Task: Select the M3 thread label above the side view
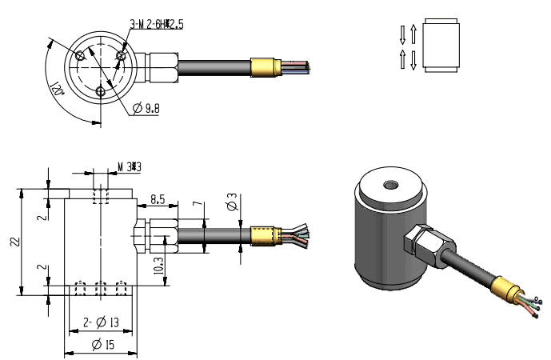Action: click(129, 167)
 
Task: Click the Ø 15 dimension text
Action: click(102, 345)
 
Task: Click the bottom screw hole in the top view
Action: click(100, 92)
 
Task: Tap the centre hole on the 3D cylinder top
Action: click(391, 186)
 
